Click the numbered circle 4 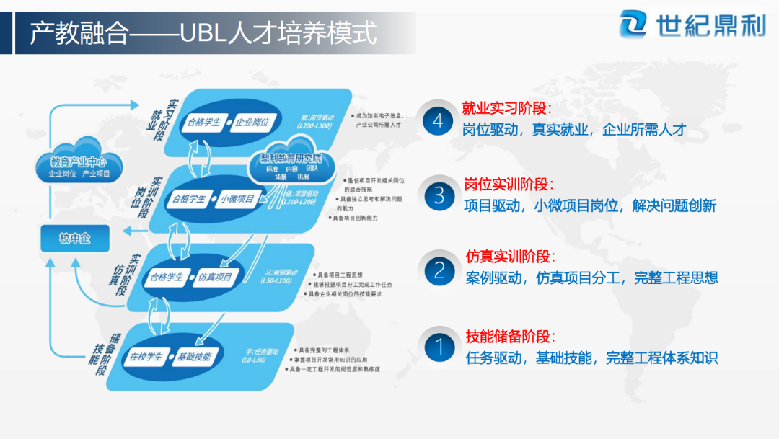tap(438, 121)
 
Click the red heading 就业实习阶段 tap(507, 109)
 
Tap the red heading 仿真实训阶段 tap(511, 257)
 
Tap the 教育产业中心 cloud tap(79, 165)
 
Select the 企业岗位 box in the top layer tap(253, 122)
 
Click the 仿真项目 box tap(215, 278)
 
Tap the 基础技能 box tap(193, 357)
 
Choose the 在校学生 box tap(146, 357)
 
